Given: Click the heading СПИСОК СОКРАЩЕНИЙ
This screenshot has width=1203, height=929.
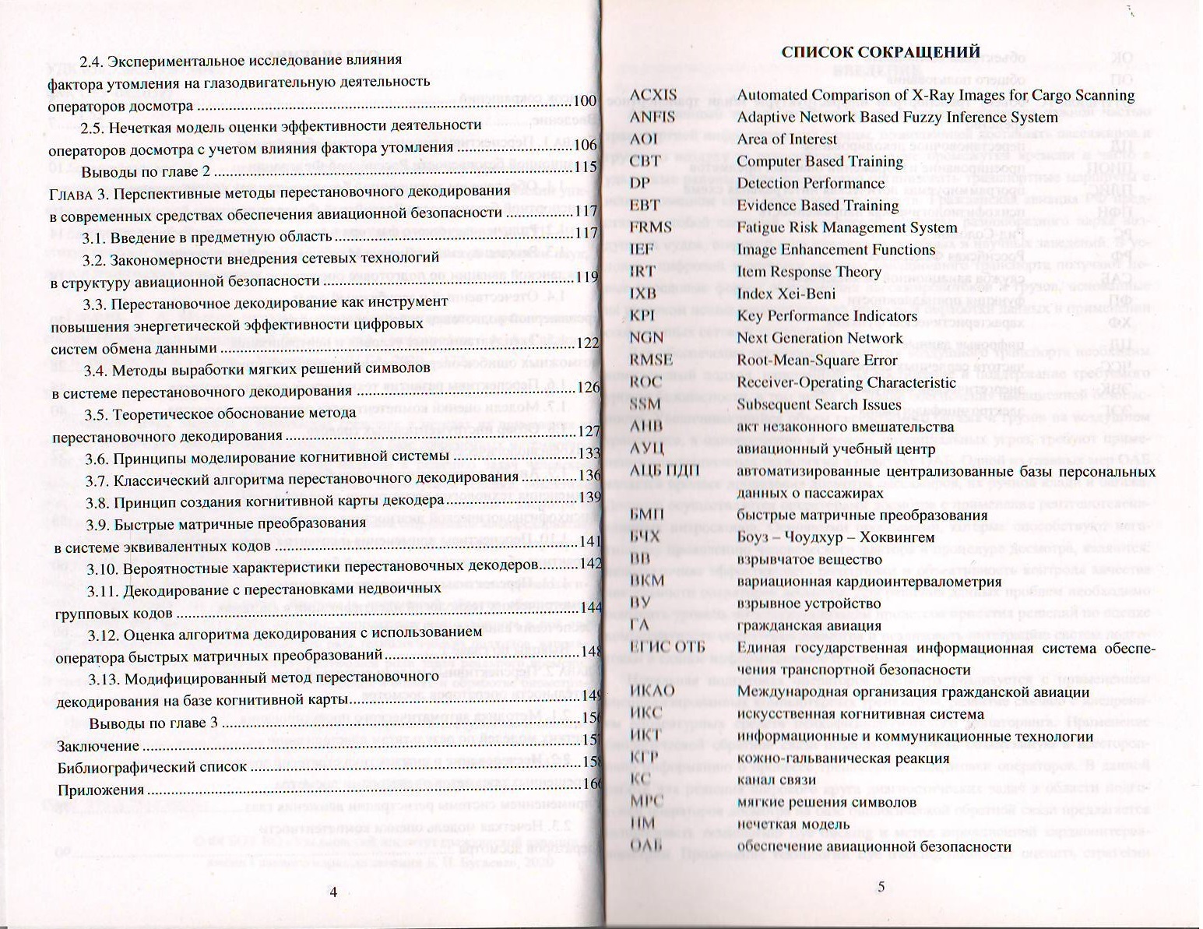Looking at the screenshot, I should click(880, 52).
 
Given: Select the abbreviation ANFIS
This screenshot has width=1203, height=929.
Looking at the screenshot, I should click(652, 117).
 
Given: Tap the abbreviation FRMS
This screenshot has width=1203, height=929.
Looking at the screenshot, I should click(650, 227).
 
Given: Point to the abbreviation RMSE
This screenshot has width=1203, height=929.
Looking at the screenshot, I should click(651, 361).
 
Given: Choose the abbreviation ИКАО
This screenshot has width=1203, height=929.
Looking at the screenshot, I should click(653, 691).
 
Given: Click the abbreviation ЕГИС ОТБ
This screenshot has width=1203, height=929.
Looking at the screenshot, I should click(667, 648).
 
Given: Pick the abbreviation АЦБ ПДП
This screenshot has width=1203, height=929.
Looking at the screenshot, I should click(663, 471).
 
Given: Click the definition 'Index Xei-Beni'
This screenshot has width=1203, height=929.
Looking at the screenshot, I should click(786, 294).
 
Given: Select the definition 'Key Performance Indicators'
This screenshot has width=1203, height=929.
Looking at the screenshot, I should click(827, 316).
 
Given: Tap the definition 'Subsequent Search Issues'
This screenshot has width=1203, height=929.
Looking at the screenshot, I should click(819, 404).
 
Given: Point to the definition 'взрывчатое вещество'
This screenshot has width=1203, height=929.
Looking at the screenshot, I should click(809, 559).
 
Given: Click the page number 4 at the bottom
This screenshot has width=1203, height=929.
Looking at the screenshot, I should click(333, 892).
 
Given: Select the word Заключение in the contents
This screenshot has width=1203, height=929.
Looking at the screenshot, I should click(99, 746).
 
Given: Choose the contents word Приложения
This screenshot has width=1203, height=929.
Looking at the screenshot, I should click(101, 790).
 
